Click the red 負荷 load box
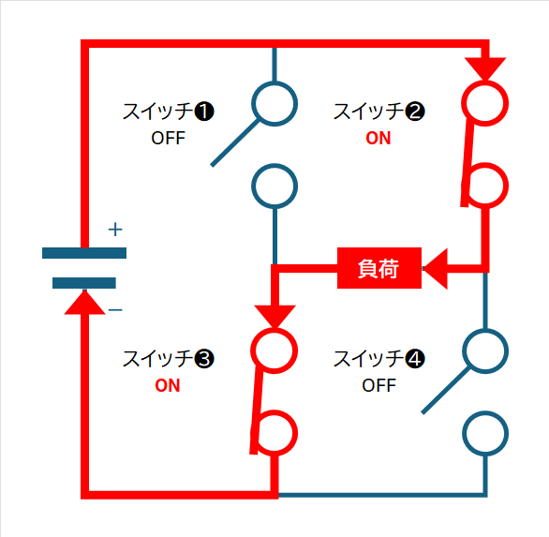click(379, 268)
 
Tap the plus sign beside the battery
click(115, 230)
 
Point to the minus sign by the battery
click(115, 309)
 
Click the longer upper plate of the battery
click(84, 253)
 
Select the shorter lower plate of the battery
click(84, 283)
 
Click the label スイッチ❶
click(168, 112)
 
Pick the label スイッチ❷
click(378, 112)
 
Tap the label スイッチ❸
click(168, 359)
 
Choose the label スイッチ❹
click(378, 359)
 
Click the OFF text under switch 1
click(168, 138)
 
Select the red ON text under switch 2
click(378, 138)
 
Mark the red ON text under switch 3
click(168, 385)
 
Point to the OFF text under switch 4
click(378, 385)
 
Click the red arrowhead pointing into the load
click(436, 269)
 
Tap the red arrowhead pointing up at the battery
click(84, 303)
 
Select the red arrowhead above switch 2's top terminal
click(485, 69)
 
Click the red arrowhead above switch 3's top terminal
click(275, 317)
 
